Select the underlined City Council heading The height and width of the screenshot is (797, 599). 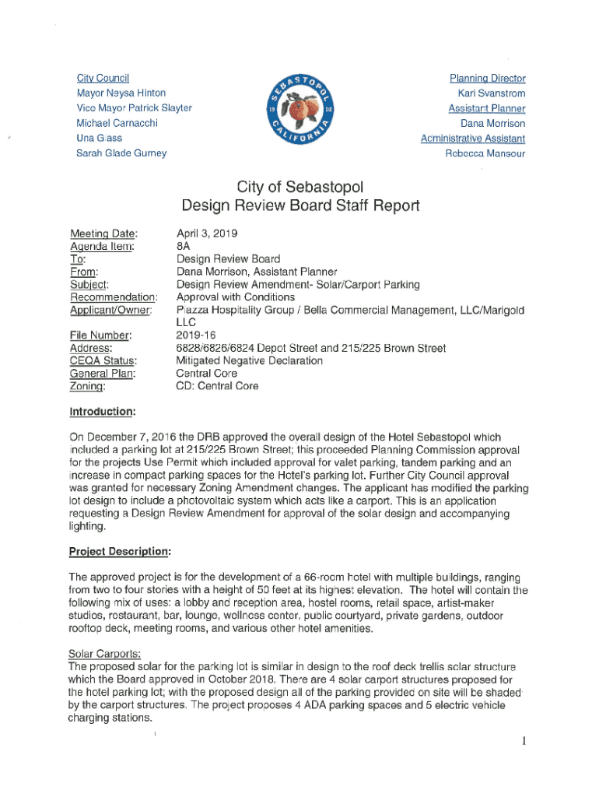103,79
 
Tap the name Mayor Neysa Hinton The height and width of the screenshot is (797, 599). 121,93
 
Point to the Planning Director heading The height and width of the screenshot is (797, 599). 487,79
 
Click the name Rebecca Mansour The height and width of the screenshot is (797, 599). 485,153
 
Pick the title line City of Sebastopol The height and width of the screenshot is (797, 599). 299,187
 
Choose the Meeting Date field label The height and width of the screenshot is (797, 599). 103,233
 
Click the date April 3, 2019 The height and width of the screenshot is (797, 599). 207,233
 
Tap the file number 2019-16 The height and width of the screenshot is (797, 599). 198,335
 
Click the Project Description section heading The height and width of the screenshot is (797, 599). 119,551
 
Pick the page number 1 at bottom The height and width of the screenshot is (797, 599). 525,741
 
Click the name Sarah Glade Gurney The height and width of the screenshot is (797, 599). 121,153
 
